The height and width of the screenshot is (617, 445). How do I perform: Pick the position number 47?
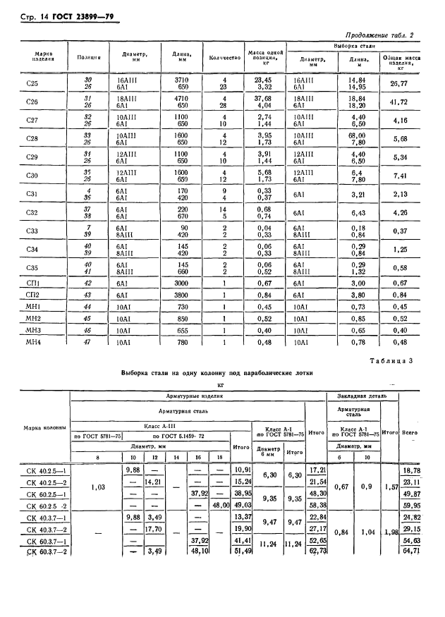pos(88,343)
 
